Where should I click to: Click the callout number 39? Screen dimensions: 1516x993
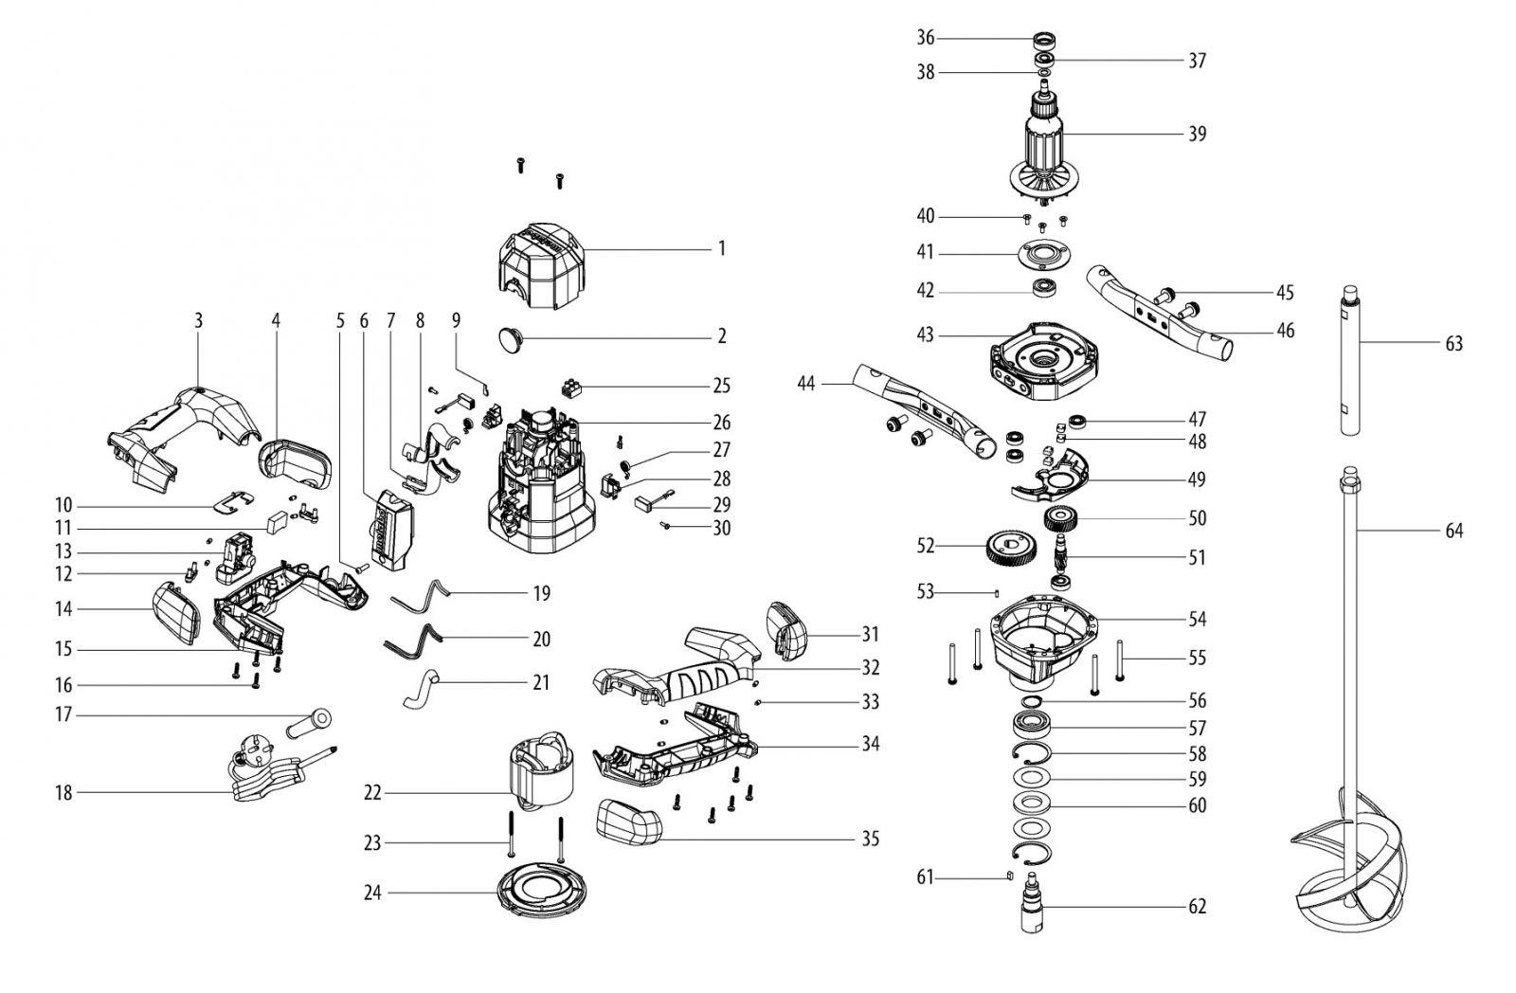point(1198,134)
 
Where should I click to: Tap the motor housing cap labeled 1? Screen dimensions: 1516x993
point(541,266)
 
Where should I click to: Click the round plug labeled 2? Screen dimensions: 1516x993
point(514,337)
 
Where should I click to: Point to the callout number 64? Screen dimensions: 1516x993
point(1453,531)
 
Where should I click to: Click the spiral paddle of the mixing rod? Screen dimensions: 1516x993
point(1350,859)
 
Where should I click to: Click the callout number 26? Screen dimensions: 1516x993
point(722,423)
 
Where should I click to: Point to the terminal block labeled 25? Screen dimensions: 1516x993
point(572,388)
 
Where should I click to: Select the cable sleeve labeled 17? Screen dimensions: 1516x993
point(309,724)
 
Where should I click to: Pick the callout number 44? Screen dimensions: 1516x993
point(806,384)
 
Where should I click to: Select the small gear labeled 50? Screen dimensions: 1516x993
point(1060,519)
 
